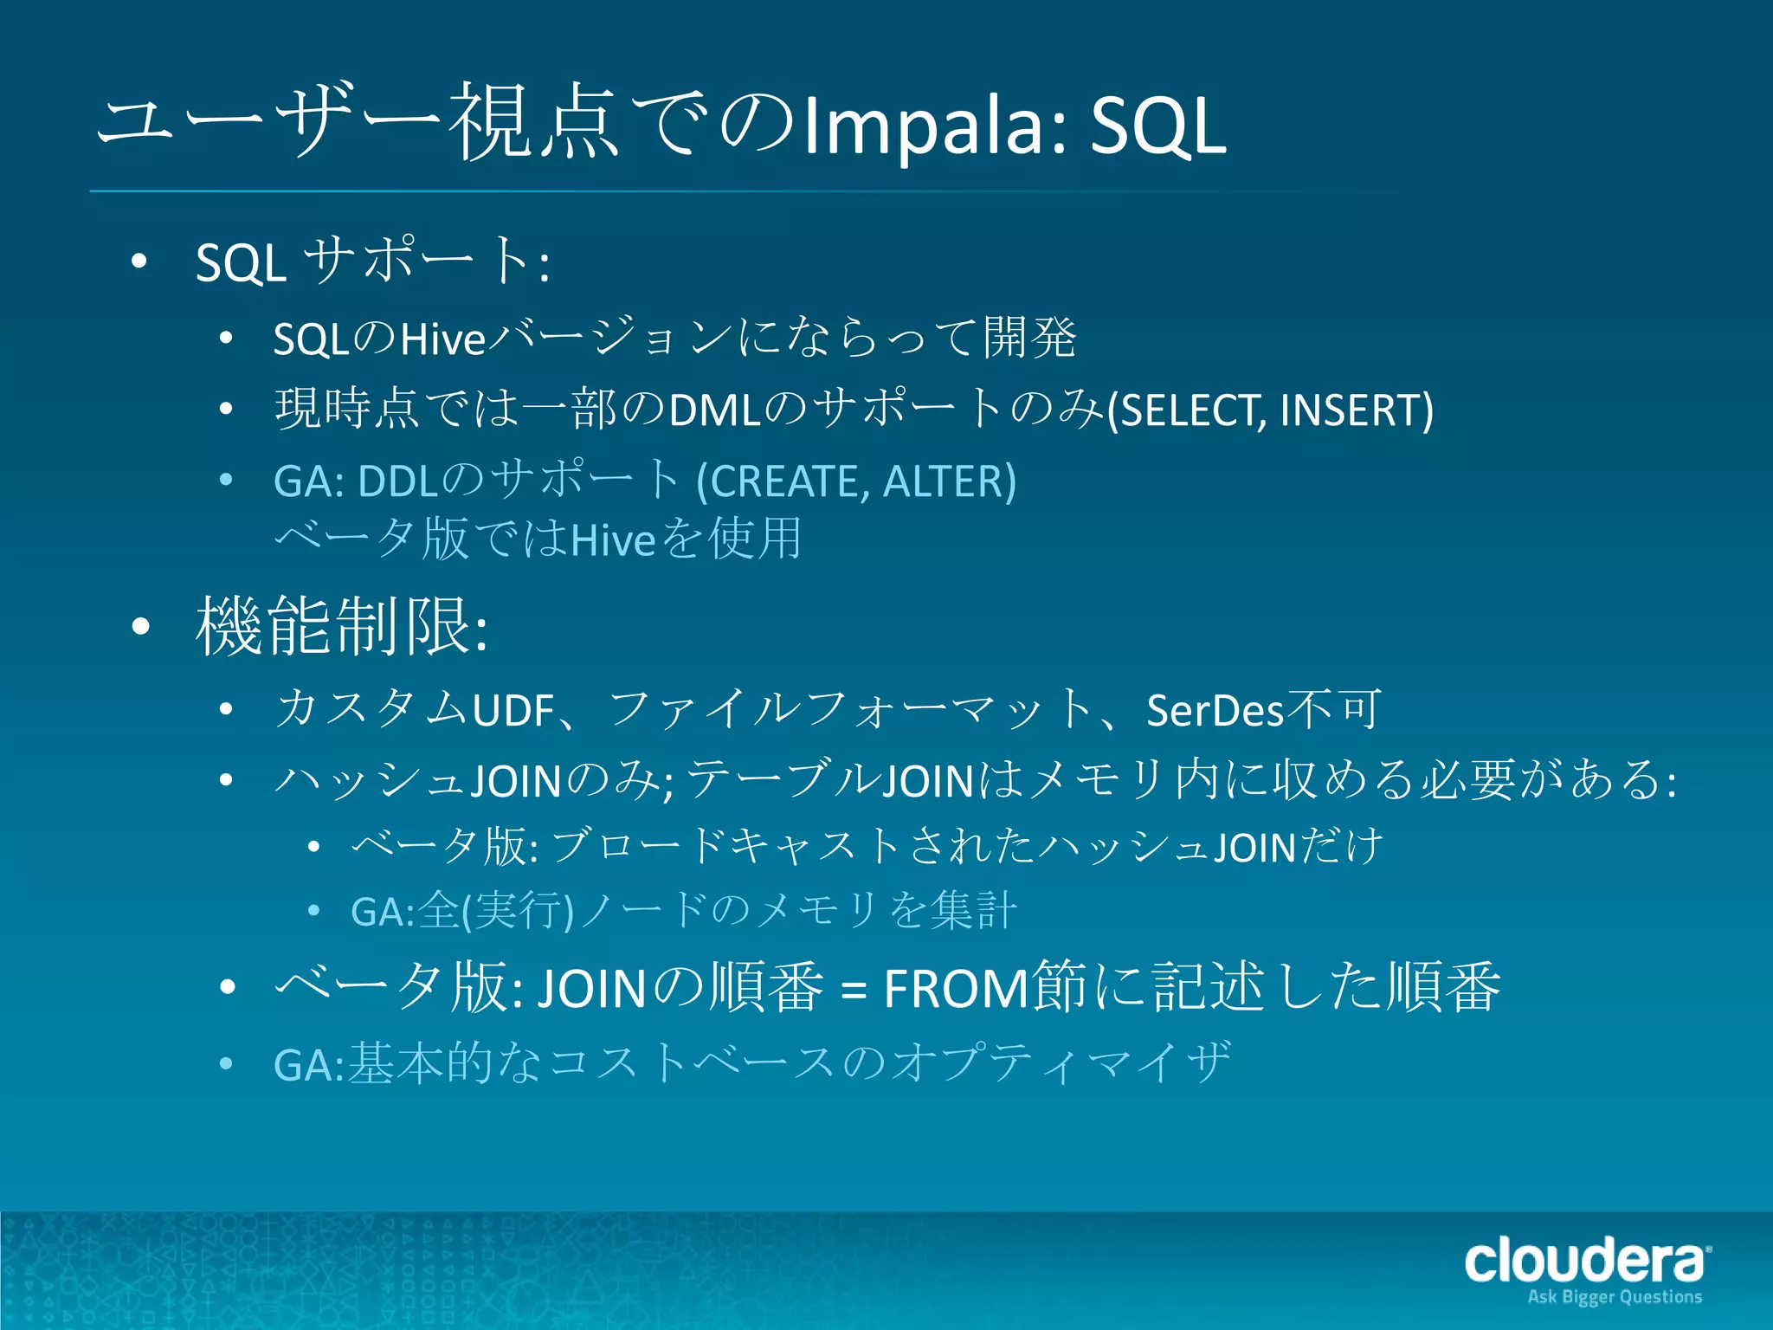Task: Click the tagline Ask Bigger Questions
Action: pos(1615,1297)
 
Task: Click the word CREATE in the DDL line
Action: pos(789,481)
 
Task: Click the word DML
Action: pos(715,410)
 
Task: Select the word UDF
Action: pos(513,711)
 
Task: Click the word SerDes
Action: pos(1215,711)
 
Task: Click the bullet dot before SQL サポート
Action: pos(139,261)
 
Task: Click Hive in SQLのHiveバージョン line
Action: pos(442,339)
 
